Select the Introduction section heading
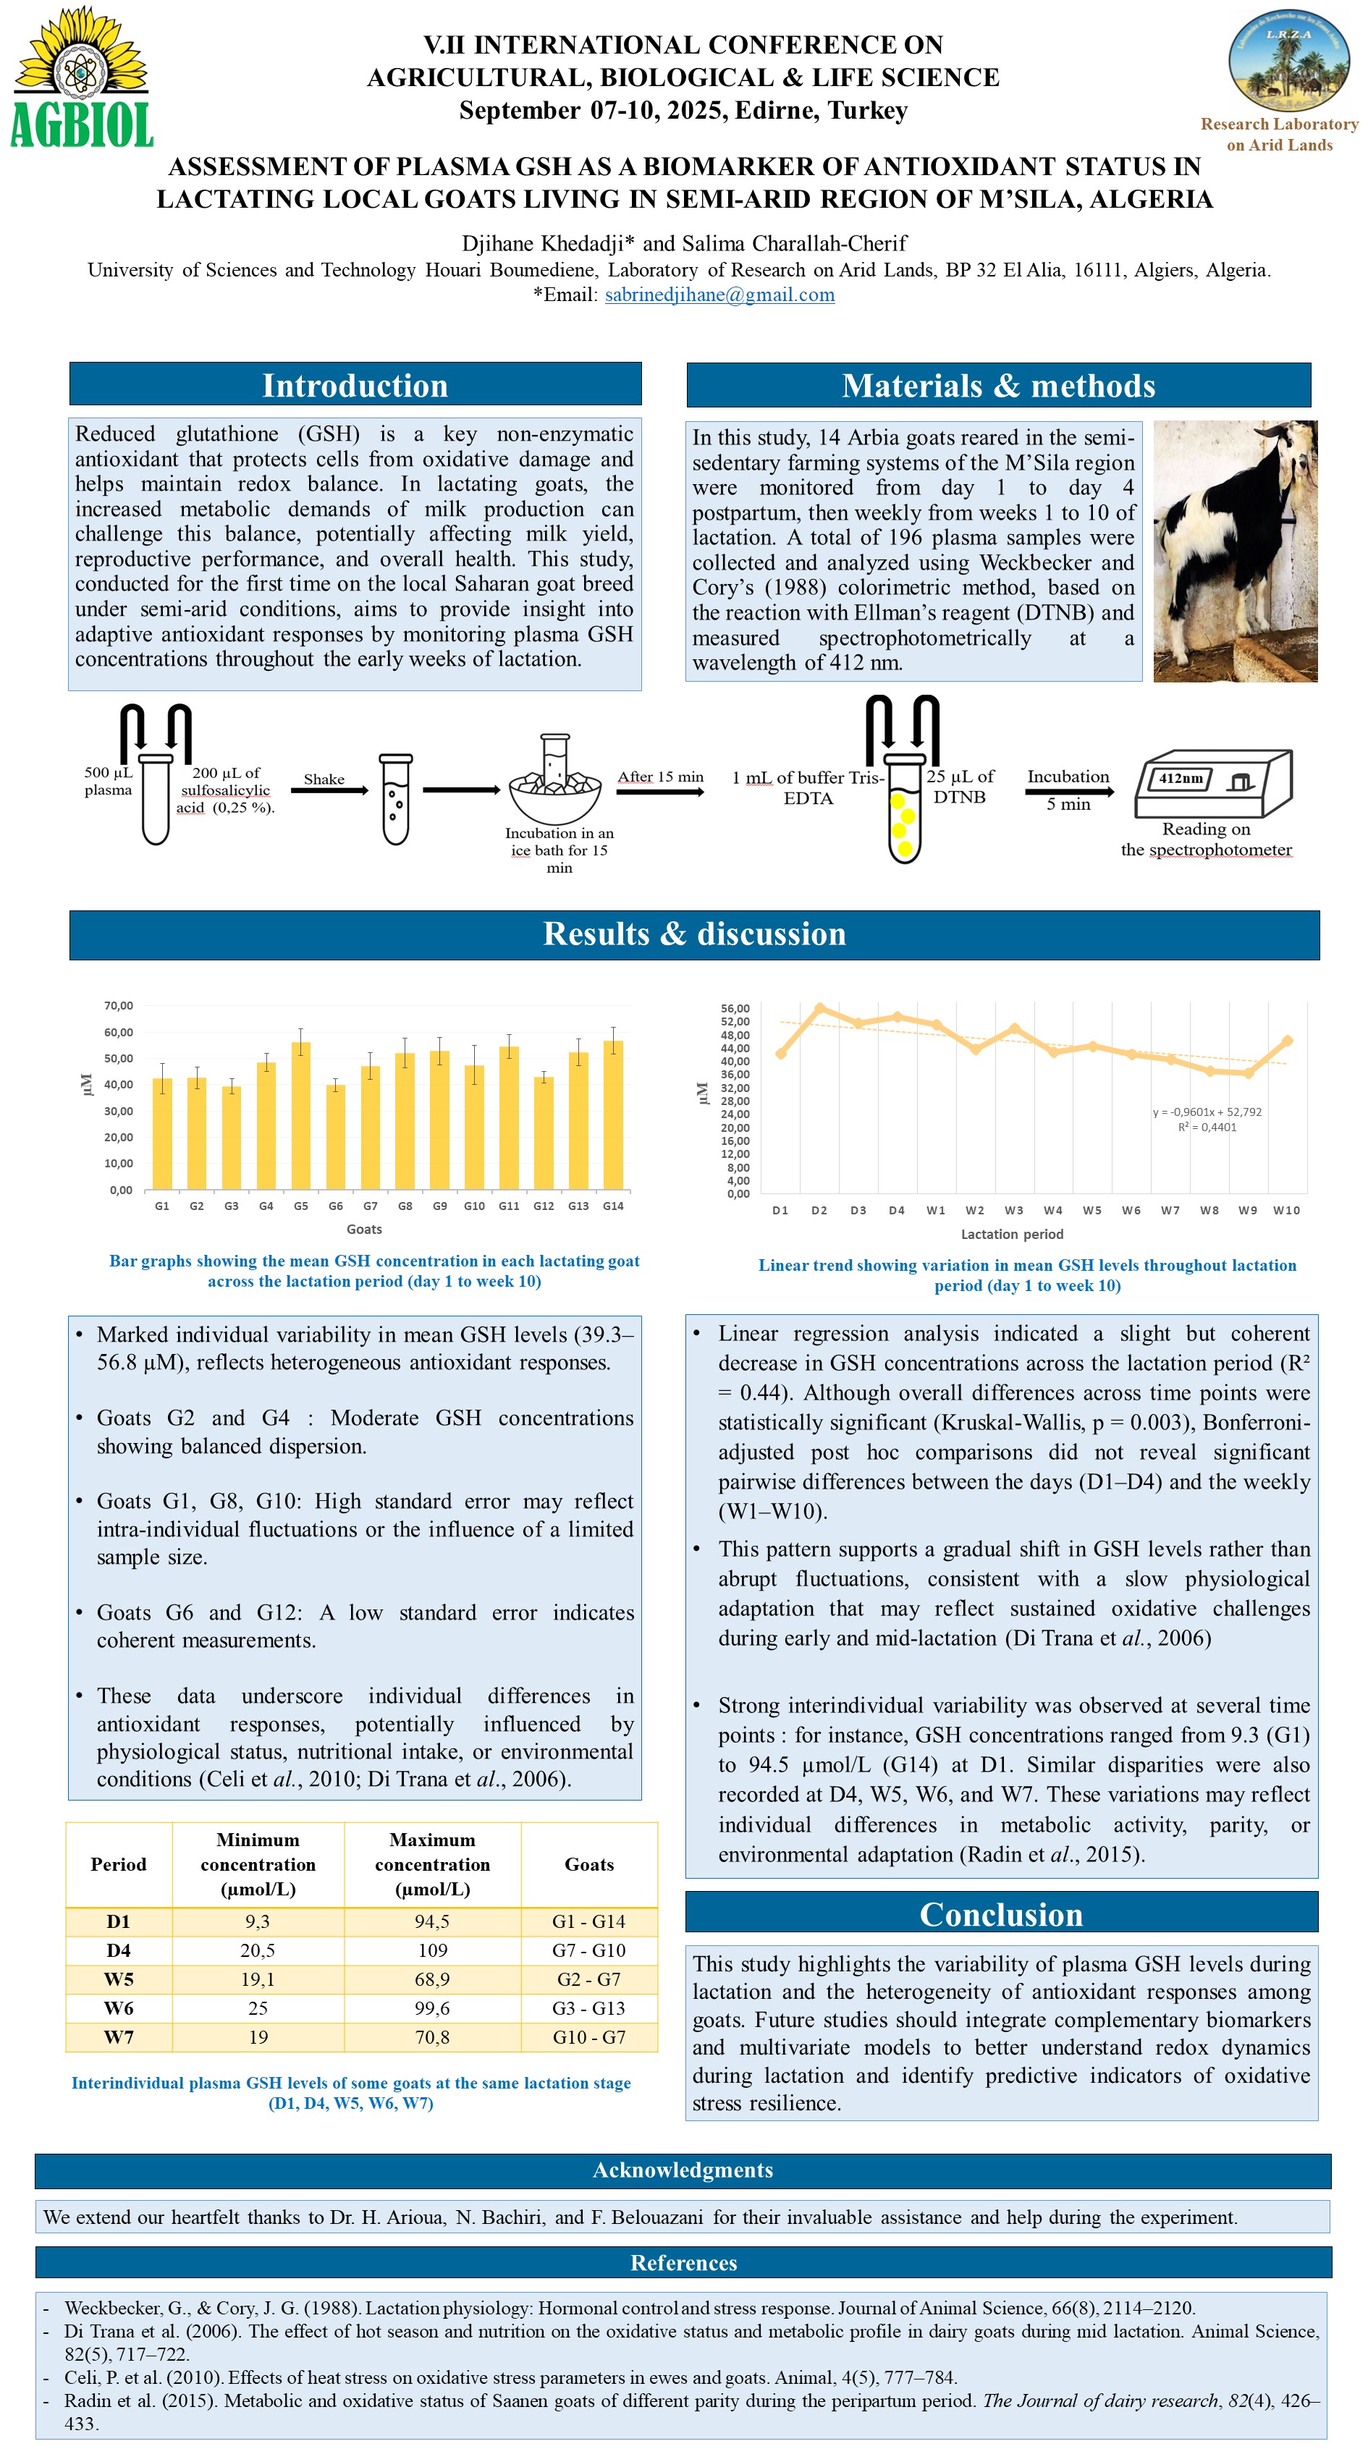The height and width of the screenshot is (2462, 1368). [x=355, y=385]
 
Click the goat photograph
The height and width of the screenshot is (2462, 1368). [x=1234, y=551]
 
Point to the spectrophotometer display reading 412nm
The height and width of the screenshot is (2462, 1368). [x=1181, y=778]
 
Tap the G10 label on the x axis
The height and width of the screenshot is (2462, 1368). [x=474, y=1206]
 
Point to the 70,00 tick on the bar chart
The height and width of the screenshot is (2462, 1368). [x=119, y=1005]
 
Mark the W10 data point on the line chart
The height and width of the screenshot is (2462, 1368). [x=1287, y=1040]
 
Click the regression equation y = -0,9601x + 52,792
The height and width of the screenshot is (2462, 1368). [x=1207, y=1112]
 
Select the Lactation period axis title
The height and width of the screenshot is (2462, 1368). [x=1011, y=1234]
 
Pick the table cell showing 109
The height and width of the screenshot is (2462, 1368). [x=432, y=1950]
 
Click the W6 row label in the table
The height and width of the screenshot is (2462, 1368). [x=119, y=2007]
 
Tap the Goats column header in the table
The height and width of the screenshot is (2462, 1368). [x=589, y=1864]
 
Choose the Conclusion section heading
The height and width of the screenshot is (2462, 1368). [x=1001, y=1913]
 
